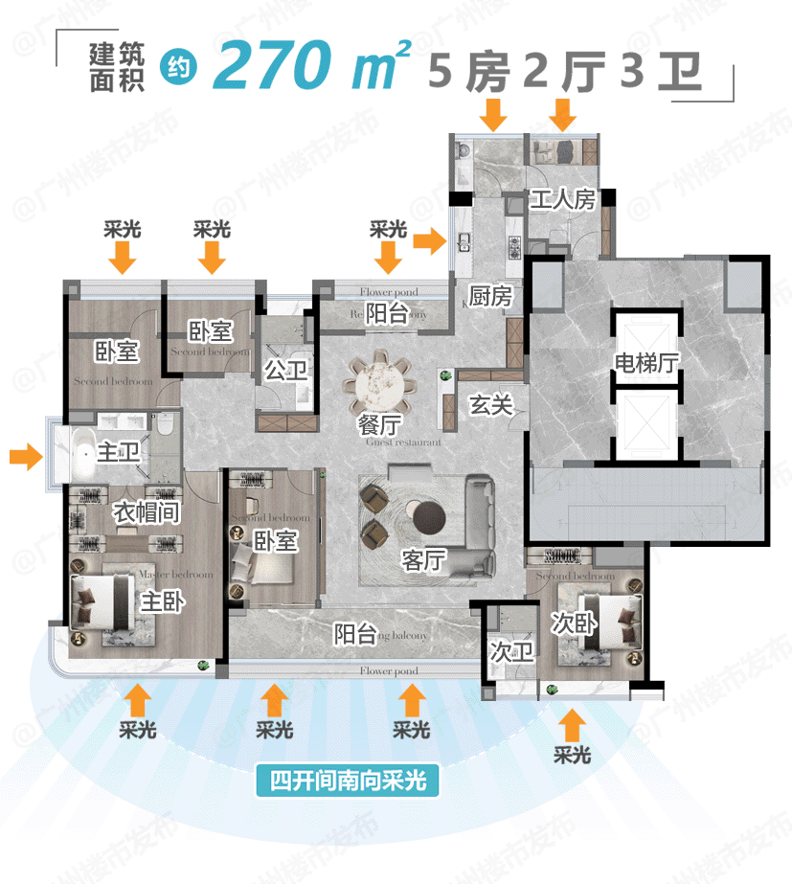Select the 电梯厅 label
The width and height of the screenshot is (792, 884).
[x=646, y=364]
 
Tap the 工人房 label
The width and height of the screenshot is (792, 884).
[x=562, y=200]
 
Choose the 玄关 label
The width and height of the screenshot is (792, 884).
[x=489, y=405]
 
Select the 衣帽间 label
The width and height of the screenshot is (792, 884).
[x=147, y=512]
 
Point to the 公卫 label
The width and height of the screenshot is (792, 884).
[x=285, y=371]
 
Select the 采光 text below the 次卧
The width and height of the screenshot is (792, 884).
[x=572, y=755]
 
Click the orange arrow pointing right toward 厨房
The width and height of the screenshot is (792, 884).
[x=431, y=242]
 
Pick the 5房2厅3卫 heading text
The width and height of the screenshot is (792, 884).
[x=565, y=72]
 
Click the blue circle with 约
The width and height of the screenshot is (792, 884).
[x=177, y=67]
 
